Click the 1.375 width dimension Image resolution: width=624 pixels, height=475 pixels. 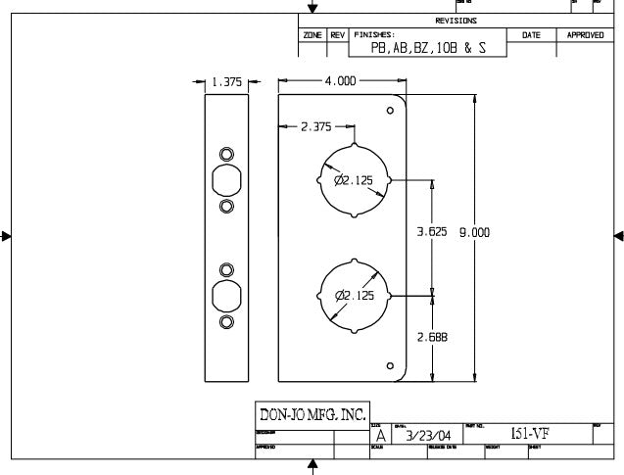pyautogui.click(x=226, y=82)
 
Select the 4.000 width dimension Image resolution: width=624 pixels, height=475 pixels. pyautogui.click(x=340, y=81)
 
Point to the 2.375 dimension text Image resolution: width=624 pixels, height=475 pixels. pyautogui.click(x=315, y=126)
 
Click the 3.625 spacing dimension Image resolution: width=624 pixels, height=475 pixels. pyautogui.click(x=432, y=232)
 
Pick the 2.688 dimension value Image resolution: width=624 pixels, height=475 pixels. pyautogui.click(x=432, y=336)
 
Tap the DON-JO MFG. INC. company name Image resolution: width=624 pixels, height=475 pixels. pyautogui.click(x=311, y=414)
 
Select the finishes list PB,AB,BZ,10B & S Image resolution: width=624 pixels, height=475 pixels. pyautogui.click(x=428, y=47)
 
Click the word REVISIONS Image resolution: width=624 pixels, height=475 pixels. pyautogui.click(x=456, y=21)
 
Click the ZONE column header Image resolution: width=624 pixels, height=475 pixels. pyautogui.click(x=312, y=35)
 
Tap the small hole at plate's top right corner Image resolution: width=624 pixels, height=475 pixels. pyautogui.click(x=390, y=109)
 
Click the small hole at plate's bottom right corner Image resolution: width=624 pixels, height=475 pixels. pyautogui.click(x=390, y=367)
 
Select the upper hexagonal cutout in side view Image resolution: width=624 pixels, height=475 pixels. pyautogui.click(x=226, y=181)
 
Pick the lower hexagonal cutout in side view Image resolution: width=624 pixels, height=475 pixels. pyautogui.click(x=226, y=295)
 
